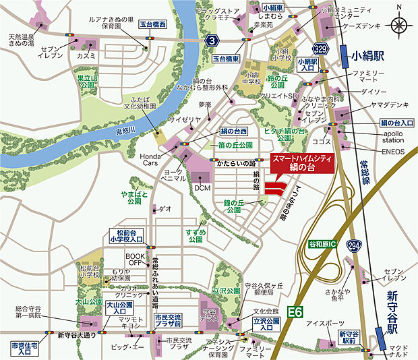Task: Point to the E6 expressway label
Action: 295,311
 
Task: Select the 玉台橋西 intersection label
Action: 152,24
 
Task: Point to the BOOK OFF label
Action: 136,260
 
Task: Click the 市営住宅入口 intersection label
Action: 26,348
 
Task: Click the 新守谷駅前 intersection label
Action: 349,338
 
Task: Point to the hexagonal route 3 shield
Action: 212,42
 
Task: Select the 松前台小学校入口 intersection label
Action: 126,235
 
